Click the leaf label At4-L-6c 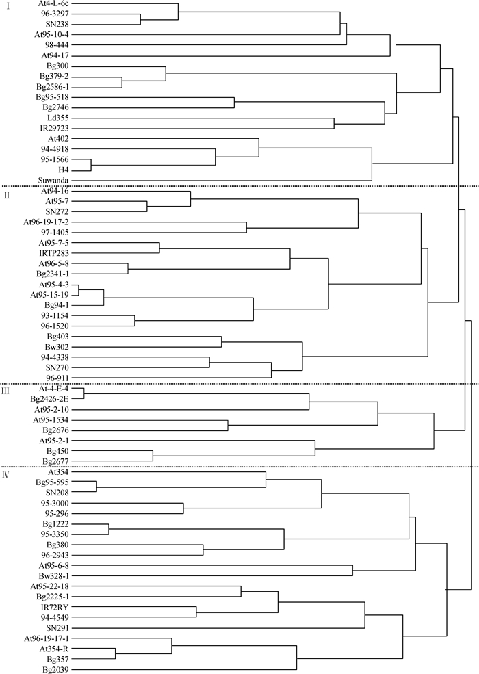tap(54, 3)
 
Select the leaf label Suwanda tap(54, 181)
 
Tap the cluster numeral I tap(8, 8)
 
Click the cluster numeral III tap(6, 391)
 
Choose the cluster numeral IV tap(6, 475)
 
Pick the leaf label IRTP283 tap(54, 253)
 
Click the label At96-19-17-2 tap(46, 222)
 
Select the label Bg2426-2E tap(49, 399)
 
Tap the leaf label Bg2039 tap(56, 670)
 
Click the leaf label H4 tap(64, 170)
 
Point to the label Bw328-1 tap(54, 575)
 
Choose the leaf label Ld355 tap(58, 118)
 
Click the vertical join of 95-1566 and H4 tap(91, 165)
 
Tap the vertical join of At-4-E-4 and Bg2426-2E tap(84, 393)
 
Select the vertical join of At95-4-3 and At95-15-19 tap(79, 289)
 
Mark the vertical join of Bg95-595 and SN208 tap(96, 487)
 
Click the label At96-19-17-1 tap(47, 638)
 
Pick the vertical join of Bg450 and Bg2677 tap(153, 456)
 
